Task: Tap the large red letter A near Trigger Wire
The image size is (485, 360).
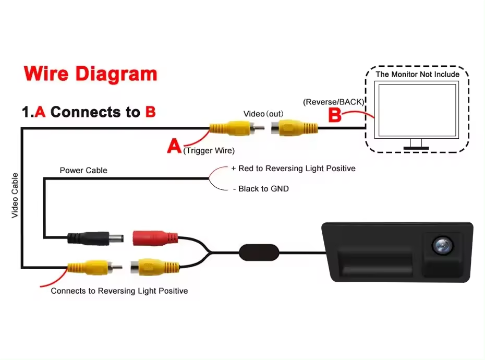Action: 174,146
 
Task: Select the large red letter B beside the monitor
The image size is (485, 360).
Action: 335,116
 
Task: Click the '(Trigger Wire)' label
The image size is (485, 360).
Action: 209,151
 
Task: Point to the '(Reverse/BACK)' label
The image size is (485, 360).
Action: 333,101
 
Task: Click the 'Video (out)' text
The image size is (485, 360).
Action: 262,114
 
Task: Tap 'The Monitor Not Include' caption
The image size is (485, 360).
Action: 418,74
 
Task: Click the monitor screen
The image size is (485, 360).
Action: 418,110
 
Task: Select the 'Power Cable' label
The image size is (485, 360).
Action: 83,170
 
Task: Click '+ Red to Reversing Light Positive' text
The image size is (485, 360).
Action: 293,169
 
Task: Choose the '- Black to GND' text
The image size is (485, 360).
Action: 260,188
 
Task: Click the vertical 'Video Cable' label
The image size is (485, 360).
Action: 15,195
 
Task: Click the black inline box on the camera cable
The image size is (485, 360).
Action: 259,252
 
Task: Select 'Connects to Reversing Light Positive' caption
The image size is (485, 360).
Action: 119,291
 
